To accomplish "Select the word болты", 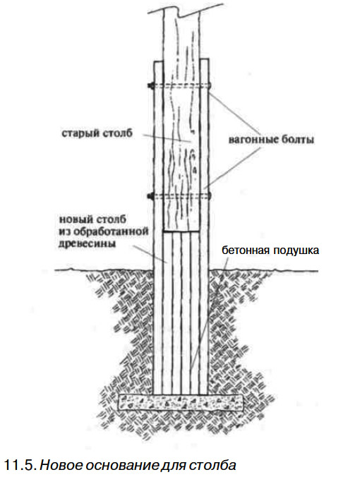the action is pyautogui.click(x=297, y=140).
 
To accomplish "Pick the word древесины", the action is pyautogui.click(x=87, y=243).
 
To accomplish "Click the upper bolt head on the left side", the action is pyautogui.click(x=150, y=86).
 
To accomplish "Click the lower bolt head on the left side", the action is pyautogui.click(x=150, y=197).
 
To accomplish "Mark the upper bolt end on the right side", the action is pyautogui.click(x=210, y=86).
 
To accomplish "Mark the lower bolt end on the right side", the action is pyautogui.click(x=210, y=196).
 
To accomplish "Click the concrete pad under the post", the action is pyautogui.click(x=181, y=402).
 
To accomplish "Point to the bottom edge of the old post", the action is pyautogui.click(x=181, y=231).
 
